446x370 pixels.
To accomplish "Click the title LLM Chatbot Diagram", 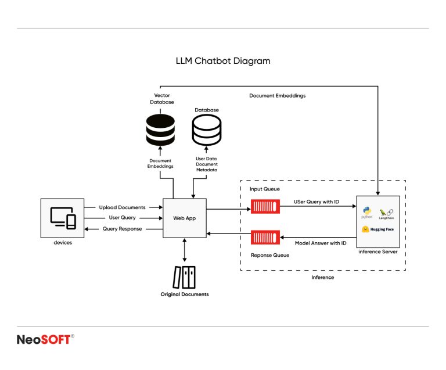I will click(223, 60).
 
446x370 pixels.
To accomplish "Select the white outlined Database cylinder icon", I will click(207, 130).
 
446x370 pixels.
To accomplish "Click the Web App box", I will click(185, 218).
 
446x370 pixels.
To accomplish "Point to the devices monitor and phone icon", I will click(63, 217).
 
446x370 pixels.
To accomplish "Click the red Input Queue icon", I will click(265, 206).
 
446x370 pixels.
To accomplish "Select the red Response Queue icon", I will click(265, 237).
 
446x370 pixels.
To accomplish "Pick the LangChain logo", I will click(386, 213).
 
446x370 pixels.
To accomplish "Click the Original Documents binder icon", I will click(185, 277).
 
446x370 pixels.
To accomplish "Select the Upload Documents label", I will click(122, 207).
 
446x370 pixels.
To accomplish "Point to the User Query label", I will click(122, 218).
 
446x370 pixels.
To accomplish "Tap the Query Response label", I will click(122, 229).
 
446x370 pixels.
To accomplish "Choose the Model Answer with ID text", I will click(320, 243).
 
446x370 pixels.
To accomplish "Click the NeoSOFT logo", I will click(45, 340).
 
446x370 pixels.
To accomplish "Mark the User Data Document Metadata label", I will click(207, 164).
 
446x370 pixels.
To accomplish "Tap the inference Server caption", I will click(377, 252).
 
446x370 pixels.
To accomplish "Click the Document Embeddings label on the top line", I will click(277, 95).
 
